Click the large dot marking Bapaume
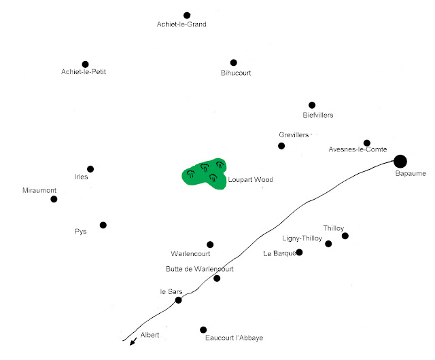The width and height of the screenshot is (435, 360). click(400, 161)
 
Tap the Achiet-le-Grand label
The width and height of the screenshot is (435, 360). click(181, 24)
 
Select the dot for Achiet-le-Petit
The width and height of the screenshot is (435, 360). click(85, 65)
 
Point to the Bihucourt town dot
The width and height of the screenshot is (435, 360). click(234, 62)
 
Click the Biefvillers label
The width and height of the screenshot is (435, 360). click(317, 115)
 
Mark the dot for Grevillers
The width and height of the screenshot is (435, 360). click(281, 146)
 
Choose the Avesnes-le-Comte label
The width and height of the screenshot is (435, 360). click(358, 149)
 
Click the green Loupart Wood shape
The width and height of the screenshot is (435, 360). click(204, 173)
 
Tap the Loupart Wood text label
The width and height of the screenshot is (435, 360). click(251, 180)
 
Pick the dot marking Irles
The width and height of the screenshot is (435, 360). click(90, 169)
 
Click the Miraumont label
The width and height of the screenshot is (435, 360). click(39, 190)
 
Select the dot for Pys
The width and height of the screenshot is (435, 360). click(103, 225)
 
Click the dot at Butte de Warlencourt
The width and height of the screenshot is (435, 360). click(217, 278)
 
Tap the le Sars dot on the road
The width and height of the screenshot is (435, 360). click(179, 300)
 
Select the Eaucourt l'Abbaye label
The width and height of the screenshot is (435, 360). click(234, 338)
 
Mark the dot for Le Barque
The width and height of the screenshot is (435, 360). click(299, 253)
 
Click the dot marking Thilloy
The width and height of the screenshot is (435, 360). click(345, 236)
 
